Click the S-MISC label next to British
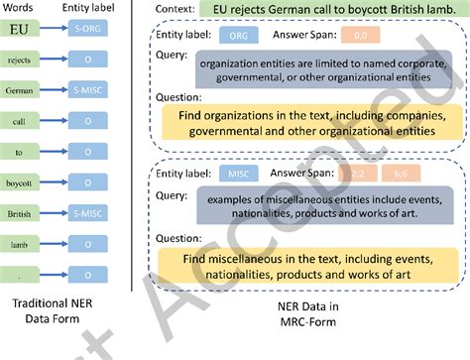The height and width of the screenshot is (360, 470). [x=88, y=212]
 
